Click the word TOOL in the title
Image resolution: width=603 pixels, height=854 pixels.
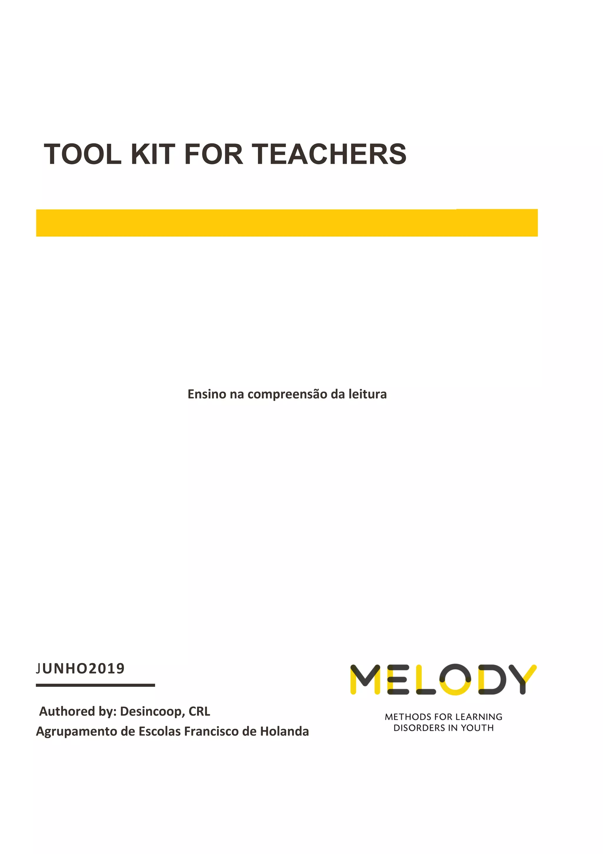tap(82, 154)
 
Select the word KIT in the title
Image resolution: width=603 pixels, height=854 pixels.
tap(153, 154)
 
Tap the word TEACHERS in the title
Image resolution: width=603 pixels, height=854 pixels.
tap(329, 154)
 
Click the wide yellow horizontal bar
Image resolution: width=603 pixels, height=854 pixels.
tap(287, 223)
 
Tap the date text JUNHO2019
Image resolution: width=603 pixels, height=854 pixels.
tap(81, 668)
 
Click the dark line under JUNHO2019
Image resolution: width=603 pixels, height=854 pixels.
tap(95, 685)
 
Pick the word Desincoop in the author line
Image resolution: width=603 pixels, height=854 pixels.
tap(151, 711)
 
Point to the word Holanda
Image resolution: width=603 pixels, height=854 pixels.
tap(284, 731)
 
